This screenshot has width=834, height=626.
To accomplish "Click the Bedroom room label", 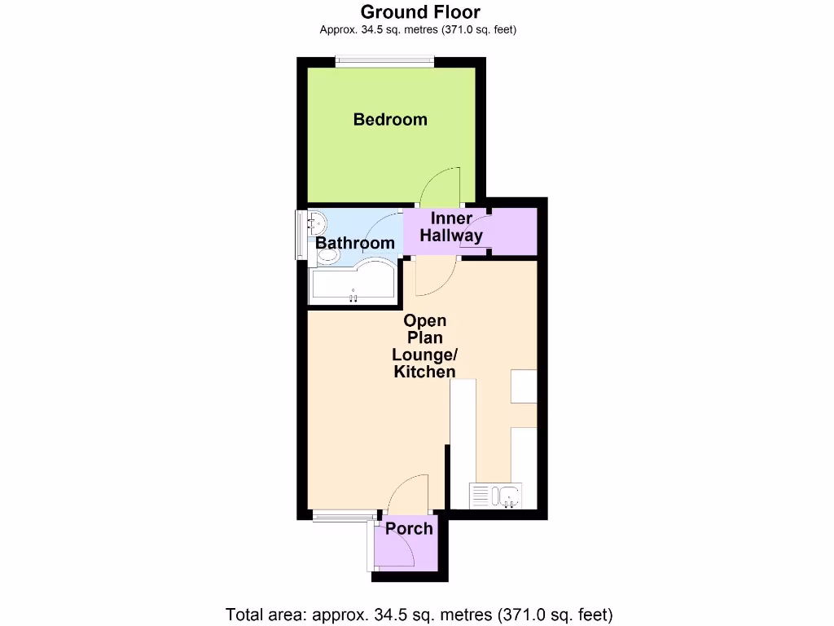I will tap(390, 120).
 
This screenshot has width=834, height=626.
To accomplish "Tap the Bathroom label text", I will tap(355, 243).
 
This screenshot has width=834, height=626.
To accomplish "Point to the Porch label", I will tap(409, 528).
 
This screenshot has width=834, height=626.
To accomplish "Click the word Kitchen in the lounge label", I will tap(424, 372).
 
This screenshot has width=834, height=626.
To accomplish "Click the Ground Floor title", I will tap(419, 11).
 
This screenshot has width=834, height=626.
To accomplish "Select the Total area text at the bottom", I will tap(418, 614).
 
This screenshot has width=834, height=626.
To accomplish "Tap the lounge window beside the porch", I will tap(345, 514).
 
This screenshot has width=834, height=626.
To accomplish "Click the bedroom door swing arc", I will tap(442, 183).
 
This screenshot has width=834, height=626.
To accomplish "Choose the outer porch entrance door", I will tap(396, 550).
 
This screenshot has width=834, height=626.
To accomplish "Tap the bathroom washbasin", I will tap(317, 223).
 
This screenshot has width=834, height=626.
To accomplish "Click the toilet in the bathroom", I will tap(327, 256).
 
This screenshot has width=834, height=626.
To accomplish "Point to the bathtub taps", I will tap(353, 298).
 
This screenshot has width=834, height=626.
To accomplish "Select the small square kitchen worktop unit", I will tap(524, 386).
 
